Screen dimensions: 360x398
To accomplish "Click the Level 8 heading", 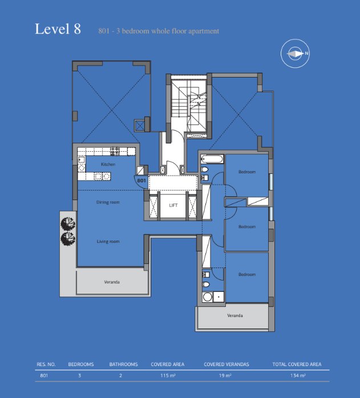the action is [58, 29].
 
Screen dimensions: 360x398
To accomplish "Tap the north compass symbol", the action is [295, 53].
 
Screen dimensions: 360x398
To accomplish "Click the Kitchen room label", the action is [108, 164].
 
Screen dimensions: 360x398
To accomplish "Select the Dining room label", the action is [108, 202].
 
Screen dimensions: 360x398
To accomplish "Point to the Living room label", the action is [108, 241].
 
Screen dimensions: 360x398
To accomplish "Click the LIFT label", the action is [173, 205].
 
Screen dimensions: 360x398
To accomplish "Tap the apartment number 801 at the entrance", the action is [141, 181].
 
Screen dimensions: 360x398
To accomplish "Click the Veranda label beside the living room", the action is [112, 282].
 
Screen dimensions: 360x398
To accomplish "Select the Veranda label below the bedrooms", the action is [235, 315].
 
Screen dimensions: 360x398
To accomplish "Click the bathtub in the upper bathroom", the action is [212, 160].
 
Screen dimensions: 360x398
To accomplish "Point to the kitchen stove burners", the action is [115, 151].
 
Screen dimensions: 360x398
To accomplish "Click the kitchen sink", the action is [81, 160].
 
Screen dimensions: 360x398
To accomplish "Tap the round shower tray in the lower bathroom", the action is [208, 297].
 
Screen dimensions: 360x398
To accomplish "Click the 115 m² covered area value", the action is [168, 375].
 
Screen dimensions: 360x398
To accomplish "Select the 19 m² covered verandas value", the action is [225, 375].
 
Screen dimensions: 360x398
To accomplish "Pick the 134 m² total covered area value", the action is [298, 375].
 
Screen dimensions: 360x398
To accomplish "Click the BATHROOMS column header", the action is [123, 364].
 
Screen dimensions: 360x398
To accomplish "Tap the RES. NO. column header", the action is [46, 364].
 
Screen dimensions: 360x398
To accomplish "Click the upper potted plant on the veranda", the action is [68, 224].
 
